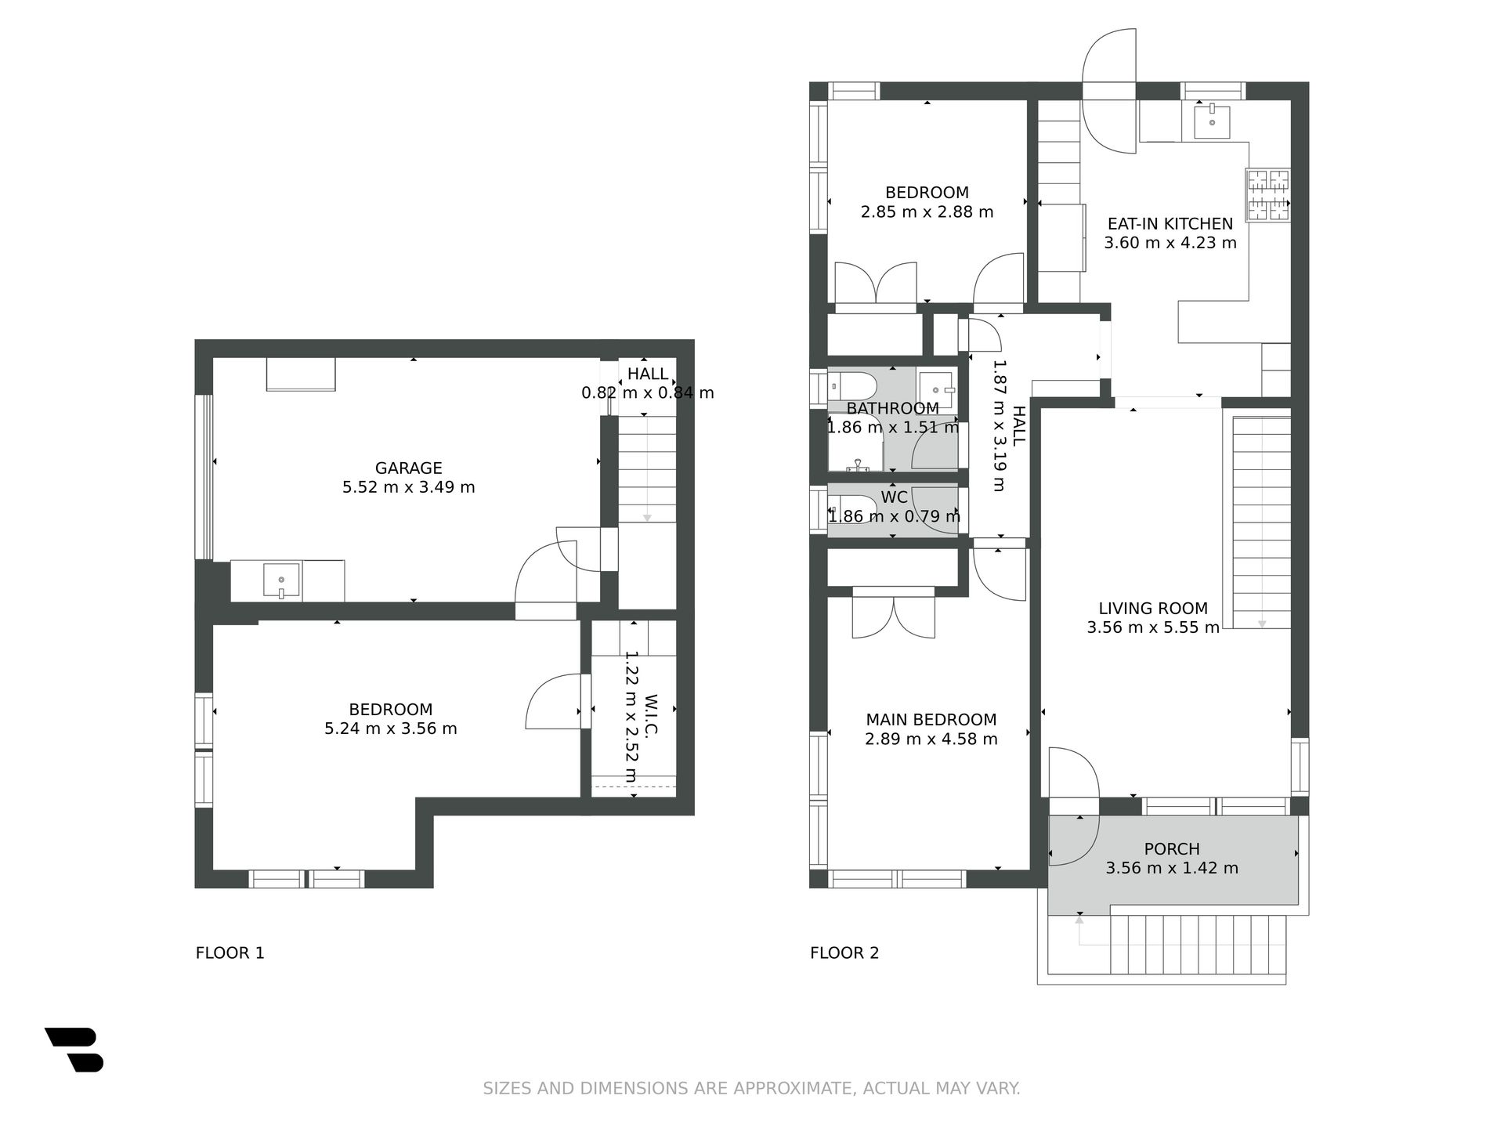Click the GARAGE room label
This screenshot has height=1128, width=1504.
click(x=408, y=468)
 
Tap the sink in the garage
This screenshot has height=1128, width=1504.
click(x=281, y=580)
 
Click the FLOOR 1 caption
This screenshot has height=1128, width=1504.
click(x=230, y=953)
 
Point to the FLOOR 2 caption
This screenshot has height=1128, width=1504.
click(x=844, y=953)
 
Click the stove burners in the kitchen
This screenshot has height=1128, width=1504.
click(x=1268, y=196)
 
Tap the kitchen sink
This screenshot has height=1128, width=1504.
click(x=1212, y=121)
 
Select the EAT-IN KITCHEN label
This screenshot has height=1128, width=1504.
click(x=1170, y=224)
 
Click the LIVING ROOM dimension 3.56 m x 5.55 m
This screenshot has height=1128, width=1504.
click(x=1153, y=627)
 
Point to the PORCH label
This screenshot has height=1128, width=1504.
click(x=1172, y=849)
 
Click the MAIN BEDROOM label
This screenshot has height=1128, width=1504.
click(x=931, y=720)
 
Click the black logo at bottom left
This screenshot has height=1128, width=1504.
click(x=74, y=1050)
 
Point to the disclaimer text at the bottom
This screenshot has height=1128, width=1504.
click(x=751, y=1089)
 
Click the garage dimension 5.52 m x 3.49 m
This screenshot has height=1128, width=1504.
click(x=408, y=487)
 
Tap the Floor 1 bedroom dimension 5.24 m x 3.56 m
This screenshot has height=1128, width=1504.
click(x=391, y=728)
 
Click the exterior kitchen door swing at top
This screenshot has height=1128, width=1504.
click(x=1109, y=91)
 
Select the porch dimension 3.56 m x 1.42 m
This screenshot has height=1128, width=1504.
click(x=1172, y=868)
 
